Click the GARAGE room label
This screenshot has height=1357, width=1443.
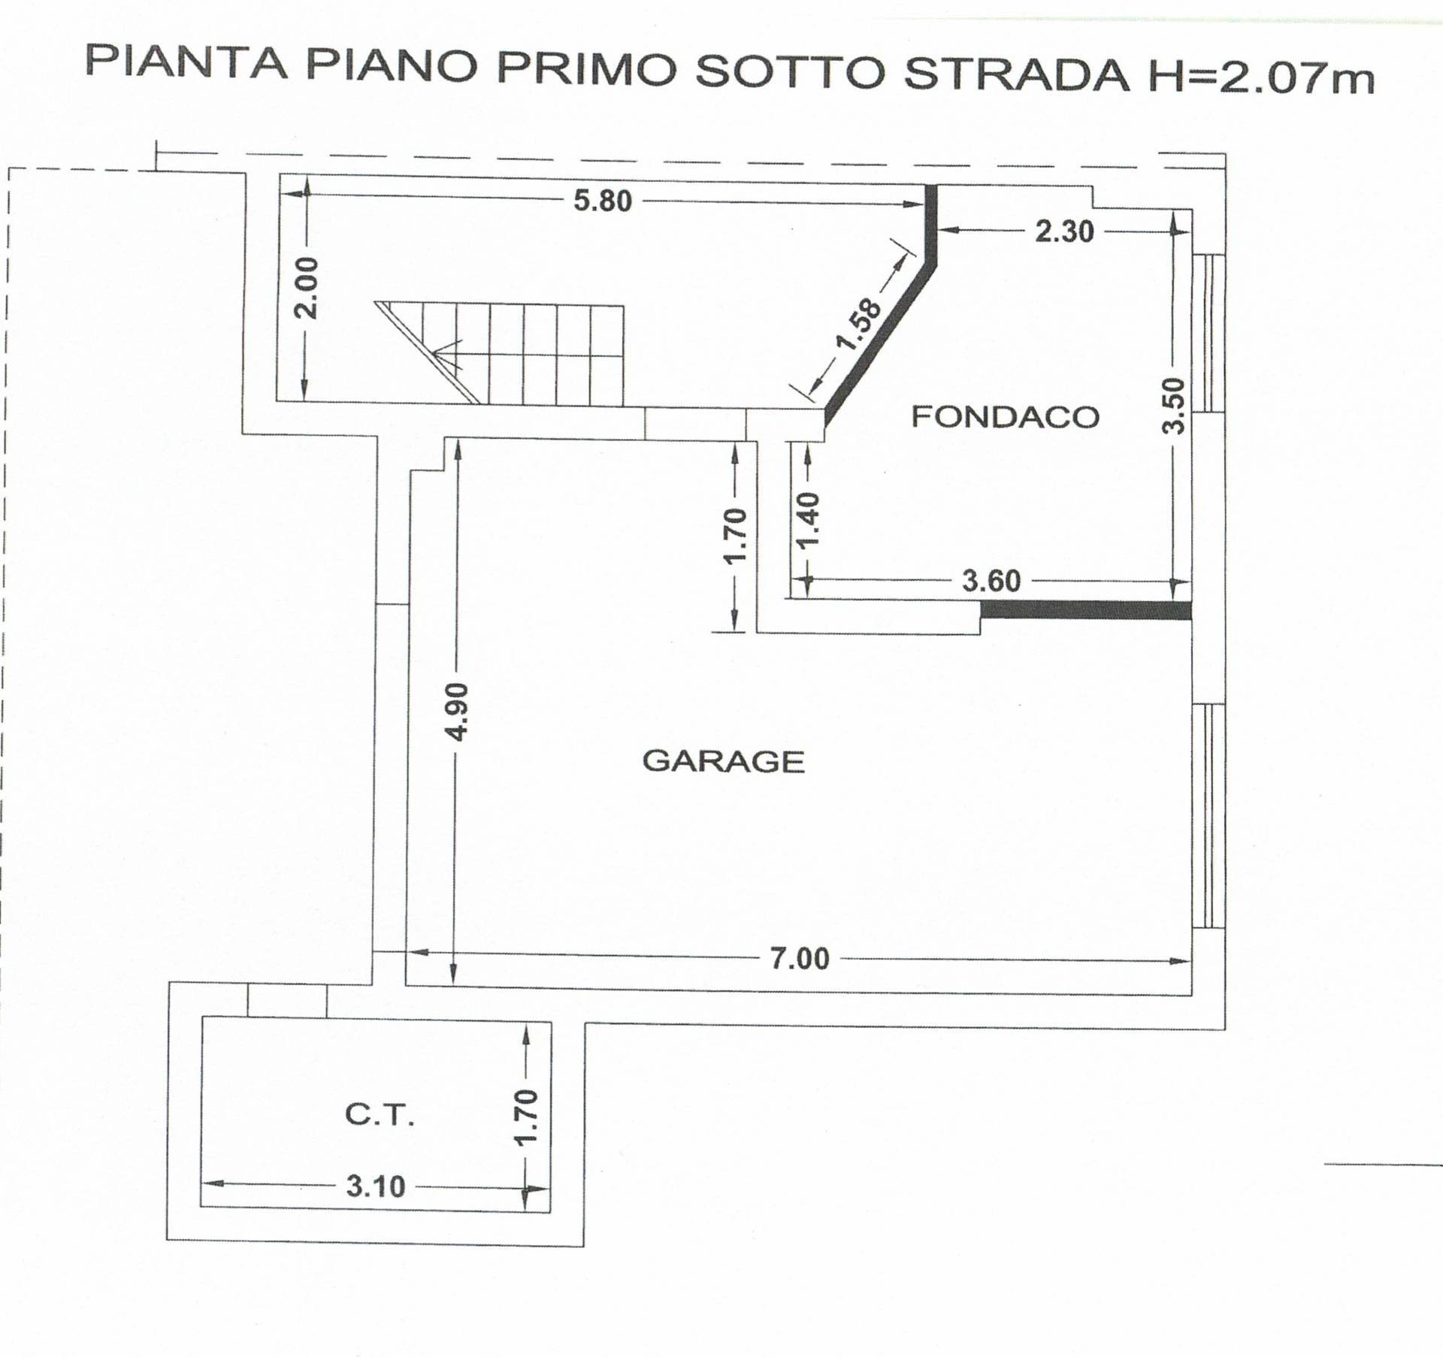[x=723, y=762]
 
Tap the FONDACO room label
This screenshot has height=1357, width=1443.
[x=1005, y=416]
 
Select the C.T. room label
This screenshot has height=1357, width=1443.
[x=380, y=1115]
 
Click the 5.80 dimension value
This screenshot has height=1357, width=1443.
[x=603, y=201]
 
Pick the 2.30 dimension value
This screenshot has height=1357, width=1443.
[x=1064, y=231]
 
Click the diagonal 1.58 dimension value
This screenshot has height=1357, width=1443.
[x=859, y=325]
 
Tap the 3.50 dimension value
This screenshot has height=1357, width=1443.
[x=1173, y=406]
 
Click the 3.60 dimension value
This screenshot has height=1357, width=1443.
[x=991, y=581]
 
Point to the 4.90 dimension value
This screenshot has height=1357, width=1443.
[x=457, y=711]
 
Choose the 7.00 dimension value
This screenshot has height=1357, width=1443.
[x=800, y=959]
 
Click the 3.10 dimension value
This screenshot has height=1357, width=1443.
[x=375, y=1186]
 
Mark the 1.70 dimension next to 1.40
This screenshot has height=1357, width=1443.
[x=734, y=535]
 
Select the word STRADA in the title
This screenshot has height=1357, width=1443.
[x=1016, y=74]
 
